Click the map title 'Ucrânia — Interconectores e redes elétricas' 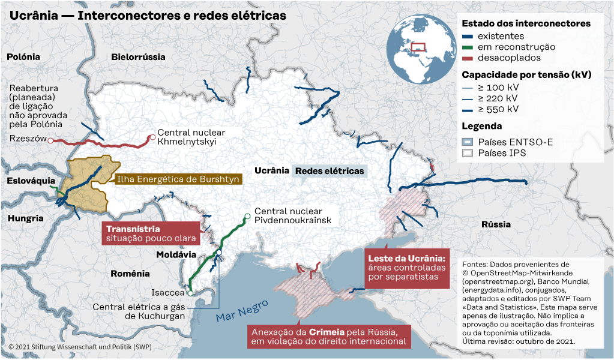[147, 14]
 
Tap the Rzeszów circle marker [50, 140]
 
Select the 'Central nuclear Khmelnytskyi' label [191, 137]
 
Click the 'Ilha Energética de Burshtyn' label [178, 179]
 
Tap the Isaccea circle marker [190, 293]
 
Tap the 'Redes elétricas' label [330, 170]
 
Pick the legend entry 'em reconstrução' [516, 47]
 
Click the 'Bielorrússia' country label [138, 57]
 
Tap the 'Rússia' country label [496, 224]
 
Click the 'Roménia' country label [130, 274]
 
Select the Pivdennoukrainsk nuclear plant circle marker [247, 216]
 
